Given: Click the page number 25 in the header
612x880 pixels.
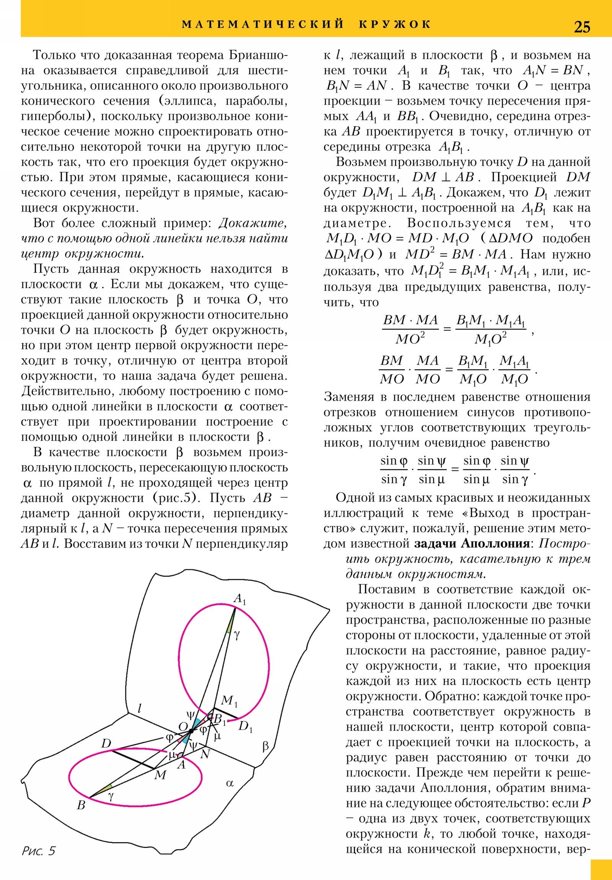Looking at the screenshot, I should (x=582, y=27).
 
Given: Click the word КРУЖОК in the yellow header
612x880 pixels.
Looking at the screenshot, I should (x=395, y=24).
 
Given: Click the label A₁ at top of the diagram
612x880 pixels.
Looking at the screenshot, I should (x=239, y=599).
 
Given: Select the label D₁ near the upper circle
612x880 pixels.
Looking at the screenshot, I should (x=245, y=726).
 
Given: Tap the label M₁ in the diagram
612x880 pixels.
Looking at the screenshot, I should (x=229, y=701).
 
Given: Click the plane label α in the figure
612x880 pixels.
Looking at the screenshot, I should (x=229, y=784).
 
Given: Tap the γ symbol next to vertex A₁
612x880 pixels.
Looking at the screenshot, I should (x=237, y=636).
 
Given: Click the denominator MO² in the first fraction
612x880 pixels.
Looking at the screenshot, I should (x=410, y=339).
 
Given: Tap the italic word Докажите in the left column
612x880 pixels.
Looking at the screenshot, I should (x=252, y=223).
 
